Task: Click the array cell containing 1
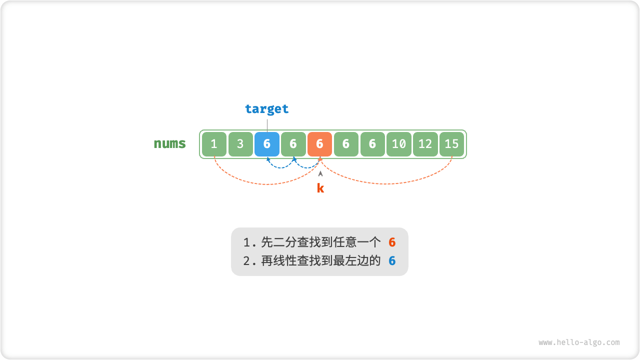[214, 144]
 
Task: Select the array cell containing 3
[240, 144]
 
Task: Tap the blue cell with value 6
[267, 144]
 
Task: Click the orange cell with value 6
[320, 144]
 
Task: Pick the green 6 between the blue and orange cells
[293, 144]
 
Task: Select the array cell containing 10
[399, 144]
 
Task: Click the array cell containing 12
[425, 144]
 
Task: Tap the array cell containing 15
[452, 144]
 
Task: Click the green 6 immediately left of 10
[372, 144]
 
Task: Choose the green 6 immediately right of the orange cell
[346, 144]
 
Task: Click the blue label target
[267, 109]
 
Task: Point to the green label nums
[170, 144]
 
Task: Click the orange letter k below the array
[320, 188]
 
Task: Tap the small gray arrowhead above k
[320, 173]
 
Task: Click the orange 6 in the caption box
[392, 243]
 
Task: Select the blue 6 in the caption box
[392, 261]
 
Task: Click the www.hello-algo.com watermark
[579, 342]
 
